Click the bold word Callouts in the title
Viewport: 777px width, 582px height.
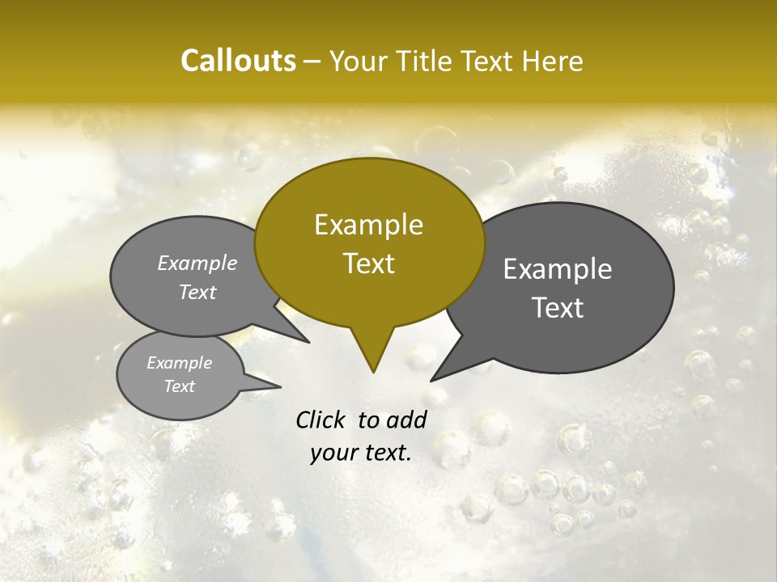pyautogui.click(x=238, y=61)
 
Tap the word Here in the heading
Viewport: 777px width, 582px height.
pyautogui.click(x=553, y=61)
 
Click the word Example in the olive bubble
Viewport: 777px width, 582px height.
pyautogui.click(x=368, y=225)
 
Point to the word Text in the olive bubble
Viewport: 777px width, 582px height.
pyautogui.click(x=368, y=264)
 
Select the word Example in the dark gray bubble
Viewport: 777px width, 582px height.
pyautogui.click(x=558, y=269)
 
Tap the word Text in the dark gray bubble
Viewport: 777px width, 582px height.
pyautogui.click(x=558, y=308)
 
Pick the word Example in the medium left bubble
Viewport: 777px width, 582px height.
pyautogui.click(x=197, y=263)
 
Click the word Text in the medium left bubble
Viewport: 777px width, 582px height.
pyautogui.click(x=197, y=292)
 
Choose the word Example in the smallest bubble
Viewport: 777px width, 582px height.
pyautogui.click(x=179, y=363)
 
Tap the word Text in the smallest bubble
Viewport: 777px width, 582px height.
pyautogui.click(x=179, y=386)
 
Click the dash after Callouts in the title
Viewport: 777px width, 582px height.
pyautogui.click(x=312, y=61)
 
